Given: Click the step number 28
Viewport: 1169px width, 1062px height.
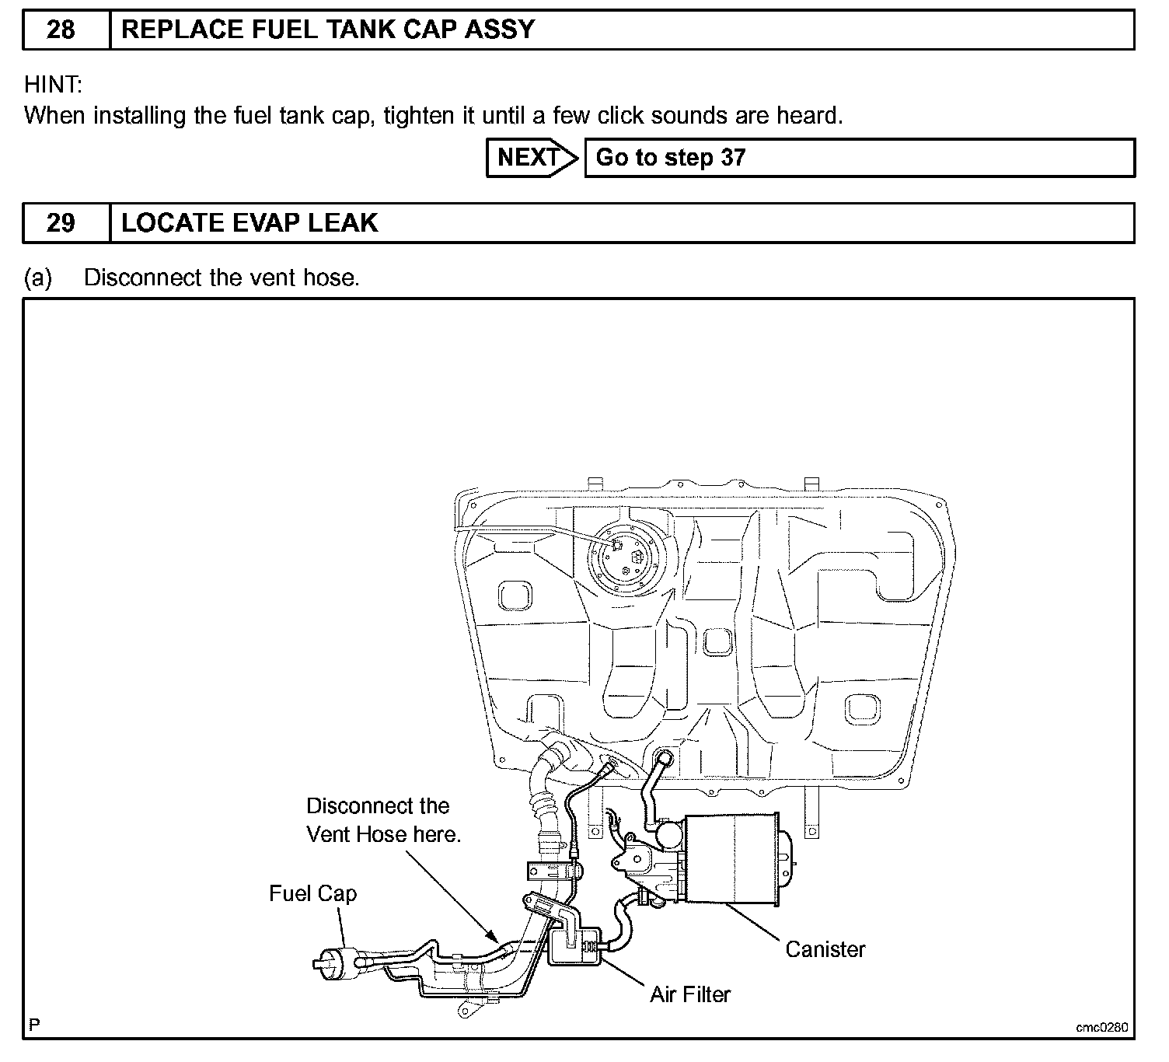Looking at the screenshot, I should (61, 30).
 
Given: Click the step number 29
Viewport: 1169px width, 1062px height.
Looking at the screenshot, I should (61, 223).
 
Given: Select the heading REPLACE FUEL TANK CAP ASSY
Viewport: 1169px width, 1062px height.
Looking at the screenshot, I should (328, 30).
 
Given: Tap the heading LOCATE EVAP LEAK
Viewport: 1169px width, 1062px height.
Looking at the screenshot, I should (250, 223).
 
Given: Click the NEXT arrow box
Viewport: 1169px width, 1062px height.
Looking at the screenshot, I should (531, 158).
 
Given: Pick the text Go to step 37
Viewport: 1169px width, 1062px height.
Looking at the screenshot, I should (670, 158).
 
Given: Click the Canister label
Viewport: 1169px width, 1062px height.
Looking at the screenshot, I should (825, 949).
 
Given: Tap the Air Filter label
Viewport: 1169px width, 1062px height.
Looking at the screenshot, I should (690, 994).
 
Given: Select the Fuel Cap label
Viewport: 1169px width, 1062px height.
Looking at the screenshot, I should (312, 893).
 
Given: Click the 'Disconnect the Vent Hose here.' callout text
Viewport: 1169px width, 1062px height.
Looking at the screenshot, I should (383, 820).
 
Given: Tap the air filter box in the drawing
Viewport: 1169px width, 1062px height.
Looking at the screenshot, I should (575, 946).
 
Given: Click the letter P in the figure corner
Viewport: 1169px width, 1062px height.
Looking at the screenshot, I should (34, 1025).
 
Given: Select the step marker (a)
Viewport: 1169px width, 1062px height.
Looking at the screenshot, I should (38, 278).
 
